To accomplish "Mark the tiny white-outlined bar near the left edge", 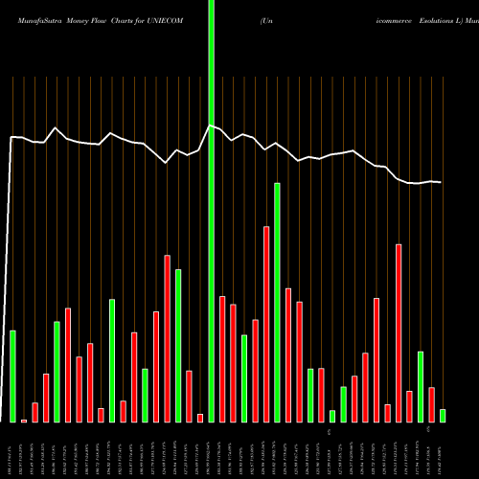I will [x=24, y=420].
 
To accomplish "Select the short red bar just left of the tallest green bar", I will [x=200, y=418].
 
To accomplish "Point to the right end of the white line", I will [x=441, y=182].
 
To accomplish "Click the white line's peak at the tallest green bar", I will [x=211, y=125].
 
